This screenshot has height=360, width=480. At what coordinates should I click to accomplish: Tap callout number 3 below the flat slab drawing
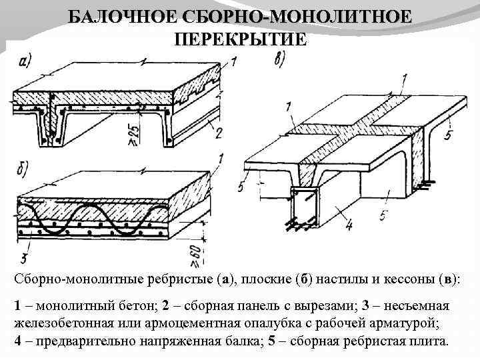pos(23,257)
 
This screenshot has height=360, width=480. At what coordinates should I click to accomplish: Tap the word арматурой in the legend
pos(411,324)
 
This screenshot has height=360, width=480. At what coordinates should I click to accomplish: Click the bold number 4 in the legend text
pos(17,341)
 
